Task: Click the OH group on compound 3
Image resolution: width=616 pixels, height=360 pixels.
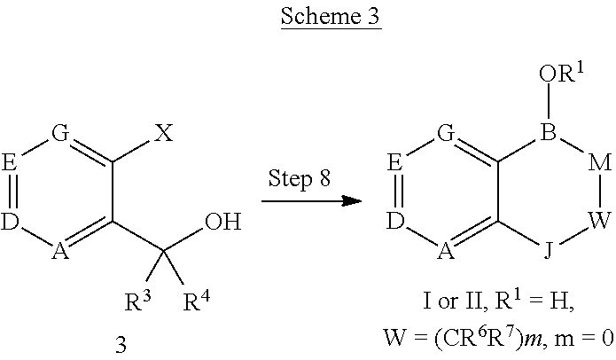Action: [222, 219]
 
